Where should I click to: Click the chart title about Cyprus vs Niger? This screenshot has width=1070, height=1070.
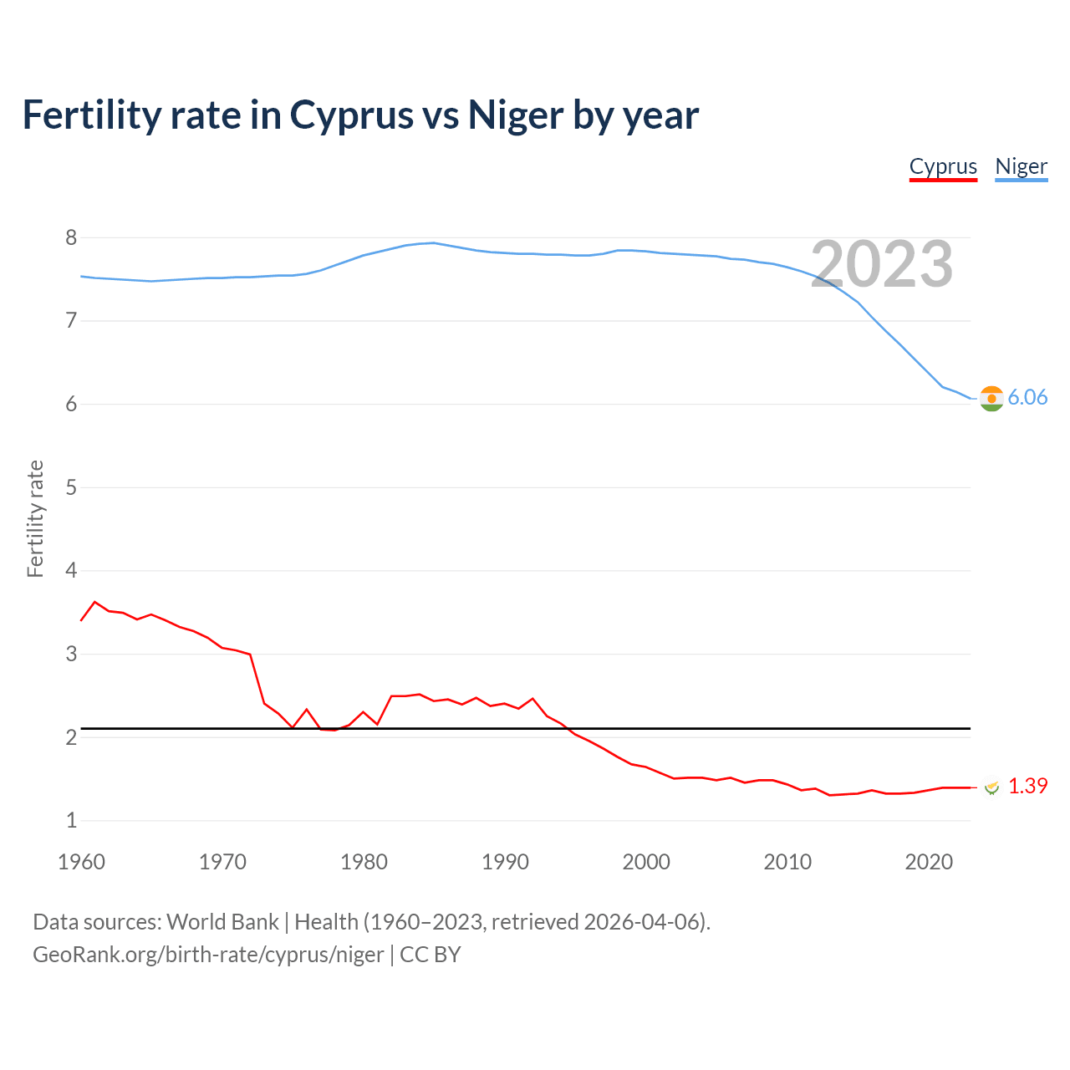click(360, 115)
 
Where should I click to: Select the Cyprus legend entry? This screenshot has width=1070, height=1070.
click(943, 167)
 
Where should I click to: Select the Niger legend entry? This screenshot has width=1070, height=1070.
click(1021, 167)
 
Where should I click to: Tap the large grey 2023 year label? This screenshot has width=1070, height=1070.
click(882, 264)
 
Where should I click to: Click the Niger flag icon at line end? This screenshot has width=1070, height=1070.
click(991, 399)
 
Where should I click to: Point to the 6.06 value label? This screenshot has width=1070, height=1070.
click(1027, 398)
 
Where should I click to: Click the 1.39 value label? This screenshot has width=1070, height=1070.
click(1027, 787)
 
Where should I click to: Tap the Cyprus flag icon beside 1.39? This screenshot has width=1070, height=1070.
click(992, 787)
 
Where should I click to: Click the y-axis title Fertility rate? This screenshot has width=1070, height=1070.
click(35, 518)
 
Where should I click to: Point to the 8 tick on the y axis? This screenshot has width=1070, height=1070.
click(71, 238)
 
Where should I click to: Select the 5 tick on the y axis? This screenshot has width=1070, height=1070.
click(71, 487)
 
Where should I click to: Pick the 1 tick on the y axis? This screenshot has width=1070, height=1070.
click(71, 821)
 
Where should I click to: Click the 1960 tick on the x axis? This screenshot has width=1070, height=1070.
click(81, 862)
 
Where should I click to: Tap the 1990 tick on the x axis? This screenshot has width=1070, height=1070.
click(505, 862)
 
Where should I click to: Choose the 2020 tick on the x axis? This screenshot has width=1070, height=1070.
click(929, 862)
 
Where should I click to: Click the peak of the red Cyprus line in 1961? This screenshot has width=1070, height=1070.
click(94, 602)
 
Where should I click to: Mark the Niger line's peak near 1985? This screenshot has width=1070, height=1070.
click(432, 243)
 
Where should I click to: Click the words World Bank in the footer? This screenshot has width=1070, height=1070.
click(222, 922)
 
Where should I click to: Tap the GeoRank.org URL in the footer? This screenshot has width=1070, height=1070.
click(208, 955)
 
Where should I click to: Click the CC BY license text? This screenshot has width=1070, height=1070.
click(431, 955)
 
